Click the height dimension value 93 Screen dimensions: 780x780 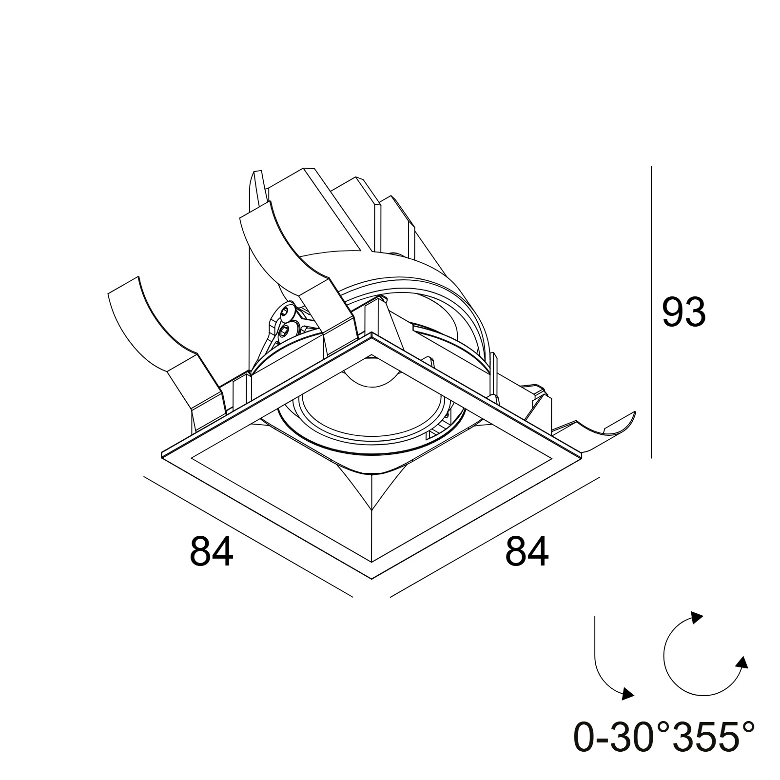point(683,312)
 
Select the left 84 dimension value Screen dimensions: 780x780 point(211,551)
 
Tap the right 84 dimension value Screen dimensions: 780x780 point(527,551)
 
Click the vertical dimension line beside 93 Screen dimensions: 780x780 point(651,312)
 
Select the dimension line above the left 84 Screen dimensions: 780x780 point(248,536)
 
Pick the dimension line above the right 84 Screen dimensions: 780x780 point(494,536)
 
